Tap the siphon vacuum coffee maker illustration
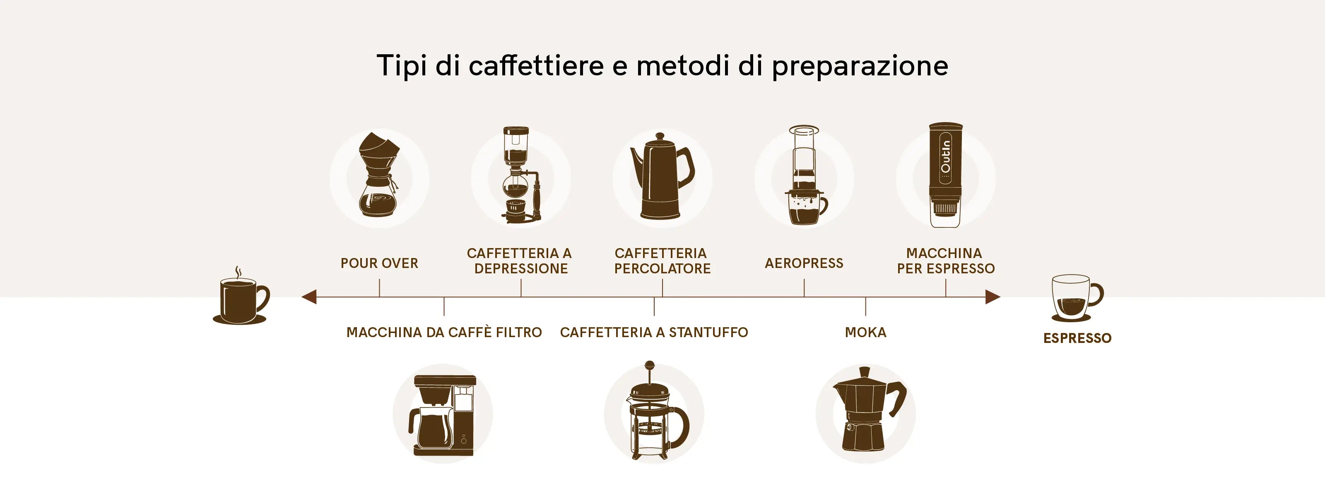[520, 175]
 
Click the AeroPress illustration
[805, 175]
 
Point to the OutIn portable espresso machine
[945, 175]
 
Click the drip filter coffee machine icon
[442, 416]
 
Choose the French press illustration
[654, 412]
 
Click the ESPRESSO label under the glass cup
[1077, 338]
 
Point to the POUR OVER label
[379, 263]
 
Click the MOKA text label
[866, 332]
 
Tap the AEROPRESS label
[804, 263]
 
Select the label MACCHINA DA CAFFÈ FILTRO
[444, 332]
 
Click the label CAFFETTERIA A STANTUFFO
[654, 332]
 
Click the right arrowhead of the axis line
[993, 297]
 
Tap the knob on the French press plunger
[650, 366]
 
